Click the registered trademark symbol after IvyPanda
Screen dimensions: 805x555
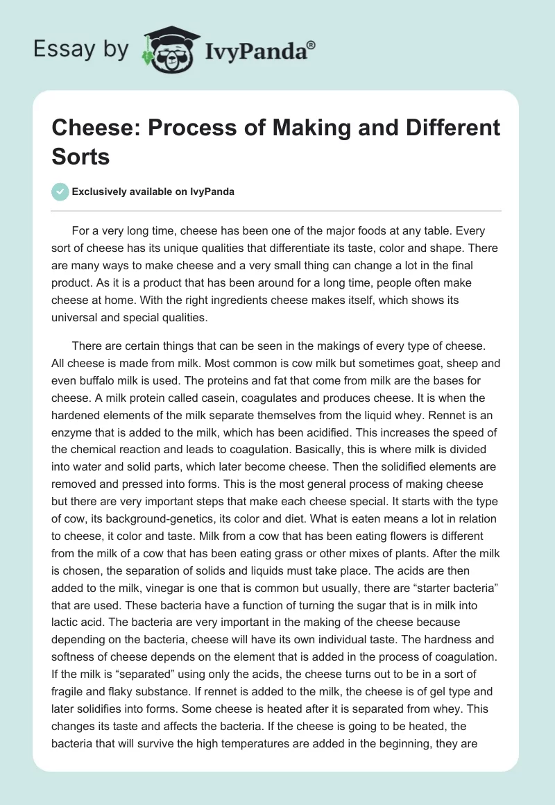[311, 44]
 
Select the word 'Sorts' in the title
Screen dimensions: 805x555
[82, 156]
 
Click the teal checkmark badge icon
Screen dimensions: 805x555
[61, 192]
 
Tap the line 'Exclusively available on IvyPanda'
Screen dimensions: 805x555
[153, 192]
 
